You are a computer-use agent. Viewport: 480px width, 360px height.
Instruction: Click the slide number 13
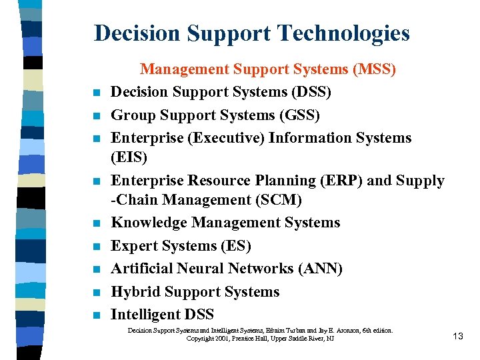[x=457, y=336]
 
